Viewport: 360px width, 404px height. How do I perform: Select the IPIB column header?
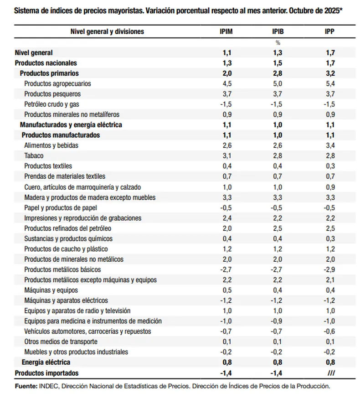coord(278,31)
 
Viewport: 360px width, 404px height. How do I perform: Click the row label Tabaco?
coord(34,155)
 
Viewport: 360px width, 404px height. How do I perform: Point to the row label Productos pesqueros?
coord(52,94)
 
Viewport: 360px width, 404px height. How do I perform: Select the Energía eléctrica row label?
coord(46,362)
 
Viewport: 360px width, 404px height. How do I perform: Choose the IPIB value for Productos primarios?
coord(278,73)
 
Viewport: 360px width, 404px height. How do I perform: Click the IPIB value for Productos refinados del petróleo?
coord(278,228)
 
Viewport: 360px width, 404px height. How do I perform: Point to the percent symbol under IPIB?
coord(278,42)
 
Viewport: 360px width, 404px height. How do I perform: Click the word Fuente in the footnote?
coord(26,386)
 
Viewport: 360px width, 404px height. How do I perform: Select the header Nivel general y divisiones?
coord(107,31)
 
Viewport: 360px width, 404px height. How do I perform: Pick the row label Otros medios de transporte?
coord(61,342)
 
